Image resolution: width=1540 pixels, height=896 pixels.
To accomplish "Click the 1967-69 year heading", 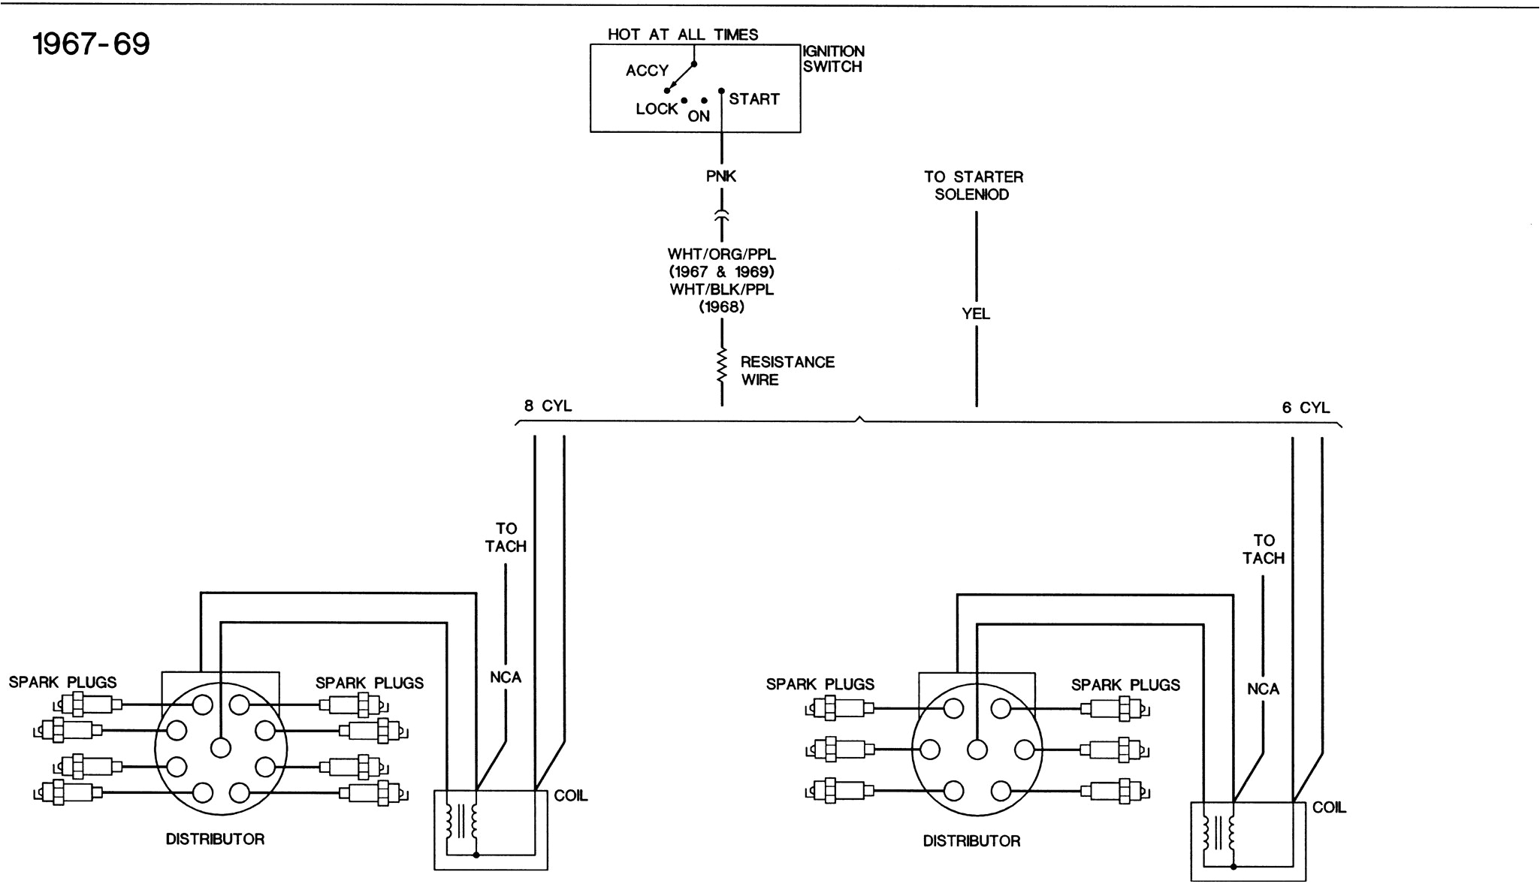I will click(x=92, y=44).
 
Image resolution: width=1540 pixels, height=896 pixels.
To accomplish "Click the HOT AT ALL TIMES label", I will click(x=682, y=35).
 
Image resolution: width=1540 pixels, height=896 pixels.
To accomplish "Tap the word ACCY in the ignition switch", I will click(x=647, y=71).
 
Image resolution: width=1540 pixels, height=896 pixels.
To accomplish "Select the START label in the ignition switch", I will click(x=753, y=99).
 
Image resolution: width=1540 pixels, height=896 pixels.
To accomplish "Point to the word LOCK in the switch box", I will click(x=656, y=109).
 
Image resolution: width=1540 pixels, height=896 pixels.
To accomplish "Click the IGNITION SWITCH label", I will click(x=833, y=59).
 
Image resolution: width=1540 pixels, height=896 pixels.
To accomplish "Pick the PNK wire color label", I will click(x=721, y=176).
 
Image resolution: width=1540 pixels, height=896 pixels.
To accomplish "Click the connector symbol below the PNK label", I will click(x=721, y=216).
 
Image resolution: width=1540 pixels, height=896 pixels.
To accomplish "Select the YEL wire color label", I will click(x=976, y=314).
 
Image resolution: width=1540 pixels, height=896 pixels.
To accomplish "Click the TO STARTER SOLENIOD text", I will click(x=973, y=186).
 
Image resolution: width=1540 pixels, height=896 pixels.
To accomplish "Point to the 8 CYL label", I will click(x=548, y=406).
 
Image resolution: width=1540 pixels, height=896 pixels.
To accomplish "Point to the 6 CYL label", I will click(x=1306, y=408).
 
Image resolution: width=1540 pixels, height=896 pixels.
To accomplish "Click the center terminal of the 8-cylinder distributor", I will click(x=220, y=747).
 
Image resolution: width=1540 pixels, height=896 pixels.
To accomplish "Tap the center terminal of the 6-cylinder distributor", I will click(x=977, y=750).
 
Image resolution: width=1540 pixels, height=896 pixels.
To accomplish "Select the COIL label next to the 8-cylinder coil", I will click(x=570, y=796).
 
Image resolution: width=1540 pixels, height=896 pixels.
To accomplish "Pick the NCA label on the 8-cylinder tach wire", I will click(x=506, y=677).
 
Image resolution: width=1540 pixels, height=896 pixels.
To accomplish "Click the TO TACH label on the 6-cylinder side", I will click(x=1264, y=549).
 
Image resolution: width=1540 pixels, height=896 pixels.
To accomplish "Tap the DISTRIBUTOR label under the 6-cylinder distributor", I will click(x=971, y=841).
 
